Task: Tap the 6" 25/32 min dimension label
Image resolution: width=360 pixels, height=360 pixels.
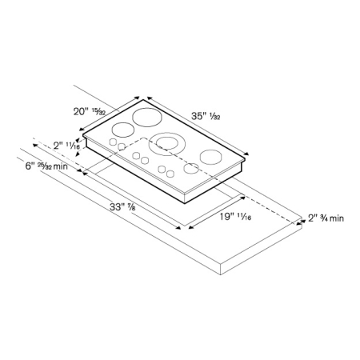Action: point(50,166)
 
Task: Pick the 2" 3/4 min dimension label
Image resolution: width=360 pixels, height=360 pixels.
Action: point(326,218)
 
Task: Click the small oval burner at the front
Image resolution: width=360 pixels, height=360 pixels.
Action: point(191,169)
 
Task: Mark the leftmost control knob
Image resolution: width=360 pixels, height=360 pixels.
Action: point(113,144)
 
